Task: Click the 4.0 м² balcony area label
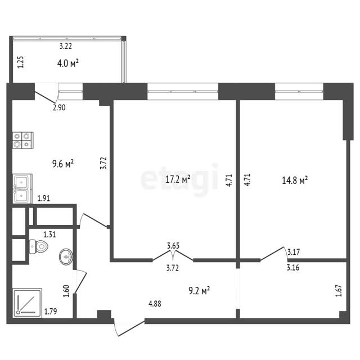coord(68,63)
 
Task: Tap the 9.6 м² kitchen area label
coord(63,164)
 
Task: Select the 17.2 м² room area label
coord(178,179)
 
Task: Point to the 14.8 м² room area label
coord(295,181)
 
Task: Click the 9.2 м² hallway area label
coord(199,291)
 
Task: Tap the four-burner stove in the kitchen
coord(22,140)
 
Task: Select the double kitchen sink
coord(22,189)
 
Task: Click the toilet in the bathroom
coord(39,246)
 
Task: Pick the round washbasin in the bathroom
coord(66,256)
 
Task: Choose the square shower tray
coord(27,303)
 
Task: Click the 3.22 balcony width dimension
coord(66,46)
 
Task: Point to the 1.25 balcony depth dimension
coord(21,62)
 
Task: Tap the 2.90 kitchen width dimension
coord(59,107)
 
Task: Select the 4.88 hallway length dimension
coord(155,304)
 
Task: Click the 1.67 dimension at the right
coord(339,291)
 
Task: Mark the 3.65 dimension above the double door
coord(173,246)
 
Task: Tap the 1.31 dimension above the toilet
coord(50,235)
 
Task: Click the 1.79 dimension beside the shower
coord(51,312)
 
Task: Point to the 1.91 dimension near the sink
coord(44,198)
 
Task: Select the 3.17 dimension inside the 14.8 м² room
coord(294,252)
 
